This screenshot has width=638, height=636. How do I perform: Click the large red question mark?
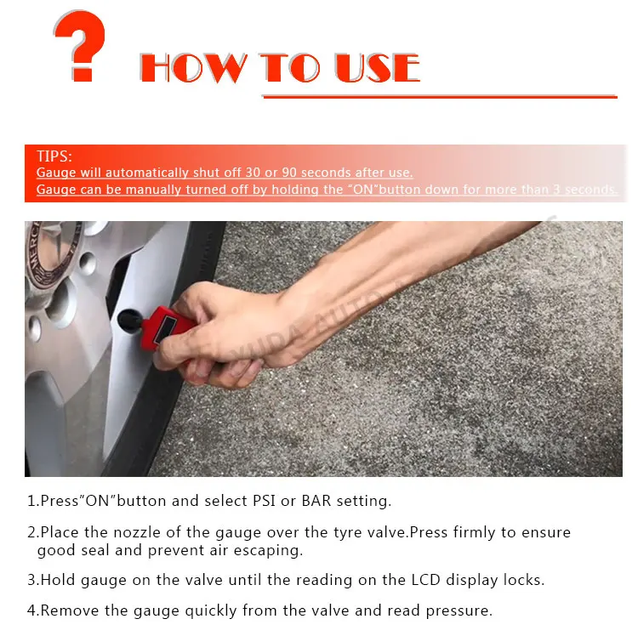point(80,45)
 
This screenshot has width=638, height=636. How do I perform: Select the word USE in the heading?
point(377,67)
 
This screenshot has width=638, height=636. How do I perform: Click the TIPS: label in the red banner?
point(54,156)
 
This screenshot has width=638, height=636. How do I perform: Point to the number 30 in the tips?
point(253,173)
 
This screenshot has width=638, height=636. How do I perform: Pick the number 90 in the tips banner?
point(289,173)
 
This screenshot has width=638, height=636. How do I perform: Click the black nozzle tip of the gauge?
point(129,321)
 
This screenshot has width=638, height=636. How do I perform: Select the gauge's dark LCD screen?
point(166,327)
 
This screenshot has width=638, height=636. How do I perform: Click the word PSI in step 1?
point(264,501)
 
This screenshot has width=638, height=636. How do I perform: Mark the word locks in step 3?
point(524,580)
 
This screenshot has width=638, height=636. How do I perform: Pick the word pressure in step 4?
point(459,611)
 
